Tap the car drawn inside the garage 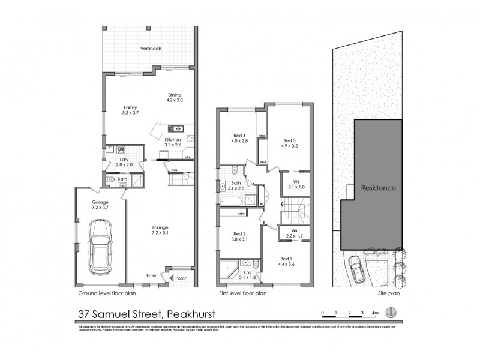tap(100, 247)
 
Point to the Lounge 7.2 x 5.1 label tap(160, 231)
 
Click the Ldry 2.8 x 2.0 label tap(125, 163)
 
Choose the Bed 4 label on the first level tap(239, 137)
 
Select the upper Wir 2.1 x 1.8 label tap(296, 184)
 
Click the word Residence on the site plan tap(378, 188)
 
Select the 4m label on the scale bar tap(375, 313)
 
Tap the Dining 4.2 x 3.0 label tap(175, 97)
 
